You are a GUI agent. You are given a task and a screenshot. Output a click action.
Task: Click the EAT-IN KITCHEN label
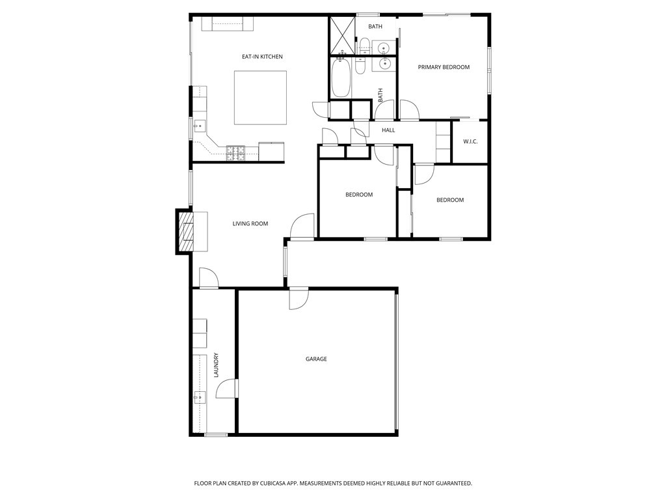(x=262, y=57)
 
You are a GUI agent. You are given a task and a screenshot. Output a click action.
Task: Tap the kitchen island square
(x=260, y=97)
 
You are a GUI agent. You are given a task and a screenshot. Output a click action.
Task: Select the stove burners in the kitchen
(x=235, y=153)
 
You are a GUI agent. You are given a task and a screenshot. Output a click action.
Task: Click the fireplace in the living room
(x=186, y=231)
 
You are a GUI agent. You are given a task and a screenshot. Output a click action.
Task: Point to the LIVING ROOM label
(x=250, y=224)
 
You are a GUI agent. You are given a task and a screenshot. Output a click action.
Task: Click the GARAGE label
(x=316, y=359)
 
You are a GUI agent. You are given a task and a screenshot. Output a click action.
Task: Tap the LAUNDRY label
(x=216, y=365)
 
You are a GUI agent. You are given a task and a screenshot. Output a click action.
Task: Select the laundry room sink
(x=199, y=396)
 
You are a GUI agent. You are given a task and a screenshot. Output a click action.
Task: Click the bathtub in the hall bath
(x=341, y=78)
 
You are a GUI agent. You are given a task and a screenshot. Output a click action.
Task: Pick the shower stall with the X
(x=342, y=35)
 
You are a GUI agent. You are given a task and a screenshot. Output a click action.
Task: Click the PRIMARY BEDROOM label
(x=444, y=67)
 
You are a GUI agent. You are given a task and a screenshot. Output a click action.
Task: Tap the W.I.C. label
(x=470, y=141)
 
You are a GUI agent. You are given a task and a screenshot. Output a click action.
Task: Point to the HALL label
(x=388, y=130)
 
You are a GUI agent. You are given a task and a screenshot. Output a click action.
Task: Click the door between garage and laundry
(x=228, y=389)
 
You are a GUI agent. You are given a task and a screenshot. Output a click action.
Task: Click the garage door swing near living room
(x=299, y=298)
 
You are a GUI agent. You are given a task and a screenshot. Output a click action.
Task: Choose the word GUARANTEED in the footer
(x=450, y=483)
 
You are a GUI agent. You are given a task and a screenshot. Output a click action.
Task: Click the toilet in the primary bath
(x=366, y=46)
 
